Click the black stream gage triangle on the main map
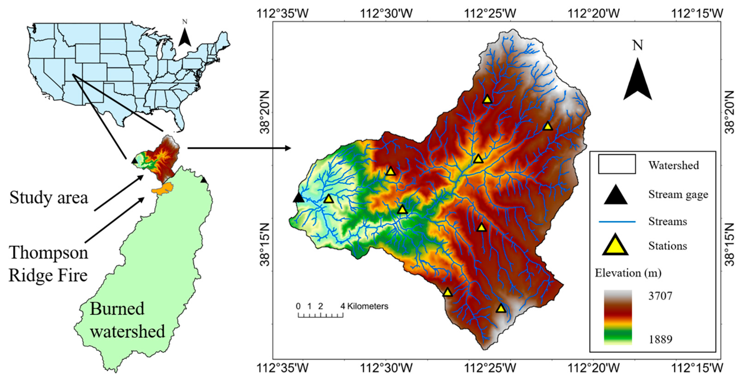(x=298, y=198)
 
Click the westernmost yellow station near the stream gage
(x=328, y=199)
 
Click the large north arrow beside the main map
(x=637, y=81)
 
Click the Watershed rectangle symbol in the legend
(x=617, y=164)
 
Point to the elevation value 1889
(x=660, y=340)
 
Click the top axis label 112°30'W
(x=386, y=13)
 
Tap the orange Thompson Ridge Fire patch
(x=163, y=189)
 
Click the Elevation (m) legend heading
(x=628, y=273)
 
